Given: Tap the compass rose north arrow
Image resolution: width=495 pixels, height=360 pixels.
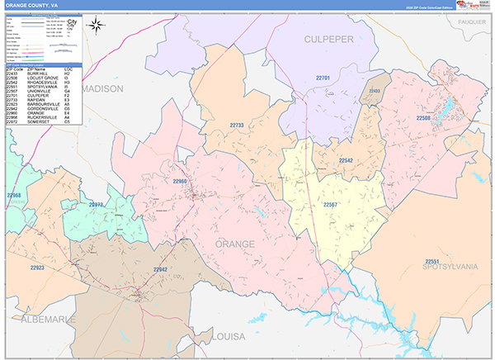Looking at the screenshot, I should (97, 26).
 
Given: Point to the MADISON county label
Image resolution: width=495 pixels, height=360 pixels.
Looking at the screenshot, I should (102, 88).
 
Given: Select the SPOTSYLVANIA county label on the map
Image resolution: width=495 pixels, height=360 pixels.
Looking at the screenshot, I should (450, 267).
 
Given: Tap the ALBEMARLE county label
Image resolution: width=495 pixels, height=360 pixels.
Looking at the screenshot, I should (37, 318).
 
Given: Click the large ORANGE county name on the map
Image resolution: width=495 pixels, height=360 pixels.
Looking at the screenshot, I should (235, 244).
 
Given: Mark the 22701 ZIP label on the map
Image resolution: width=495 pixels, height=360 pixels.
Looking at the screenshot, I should (323, 78).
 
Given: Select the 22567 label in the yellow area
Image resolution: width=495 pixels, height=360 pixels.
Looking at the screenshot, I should (330, 204).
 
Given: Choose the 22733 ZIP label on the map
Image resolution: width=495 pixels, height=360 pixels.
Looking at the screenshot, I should (237, 126).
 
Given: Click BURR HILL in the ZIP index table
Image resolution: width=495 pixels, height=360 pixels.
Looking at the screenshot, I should (41, 75).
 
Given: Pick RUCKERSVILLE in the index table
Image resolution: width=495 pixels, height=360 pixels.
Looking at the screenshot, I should (45, 117).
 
